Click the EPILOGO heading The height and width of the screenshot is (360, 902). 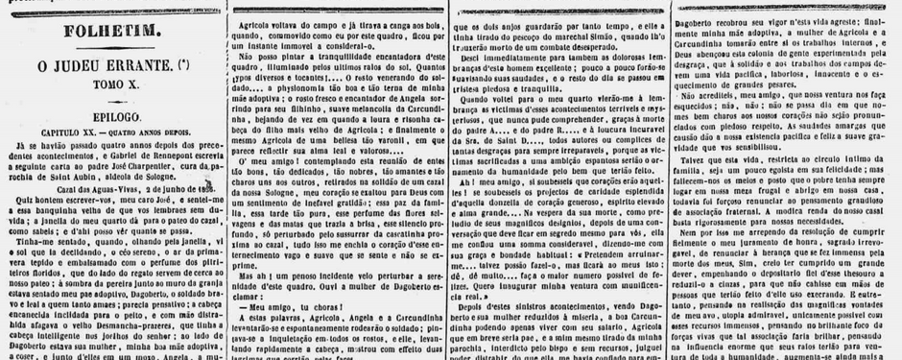point(114,114)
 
